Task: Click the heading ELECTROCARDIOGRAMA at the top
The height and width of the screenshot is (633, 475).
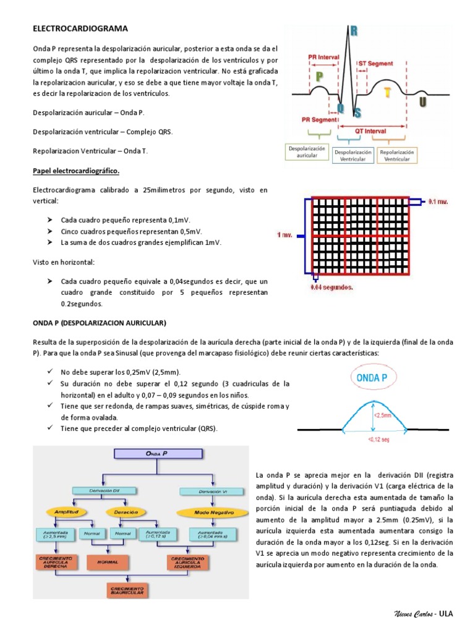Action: pyautogui.click(x=80, y=28)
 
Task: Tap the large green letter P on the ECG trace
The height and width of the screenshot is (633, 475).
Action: pyautogui.click(x=319, y=77)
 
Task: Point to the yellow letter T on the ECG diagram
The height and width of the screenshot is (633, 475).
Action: pyautogui.click(x=387, y=92)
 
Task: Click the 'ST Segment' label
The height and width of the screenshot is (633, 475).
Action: pyautogui.click(x=375, y=64)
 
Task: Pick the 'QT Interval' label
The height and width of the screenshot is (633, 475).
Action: pyautogui.click(x=370, y=131)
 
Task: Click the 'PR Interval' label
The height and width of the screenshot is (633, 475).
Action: pyautogui.click(x=323, y=56)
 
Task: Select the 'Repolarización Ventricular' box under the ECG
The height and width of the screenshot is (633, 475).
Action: pyautogui.click(x=397, y=155)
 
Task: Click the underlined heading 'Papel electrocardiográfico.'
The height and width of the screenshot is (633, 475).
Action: pyautogui.click(x=75, y=170)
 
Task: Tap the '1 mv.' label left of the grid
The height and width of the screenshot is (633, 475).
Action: pyautogui.click(x=285, y=234)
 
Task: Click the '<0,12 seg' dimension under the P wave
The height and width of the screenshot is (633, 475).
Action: pyautogui.click(x=374, y=440)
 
